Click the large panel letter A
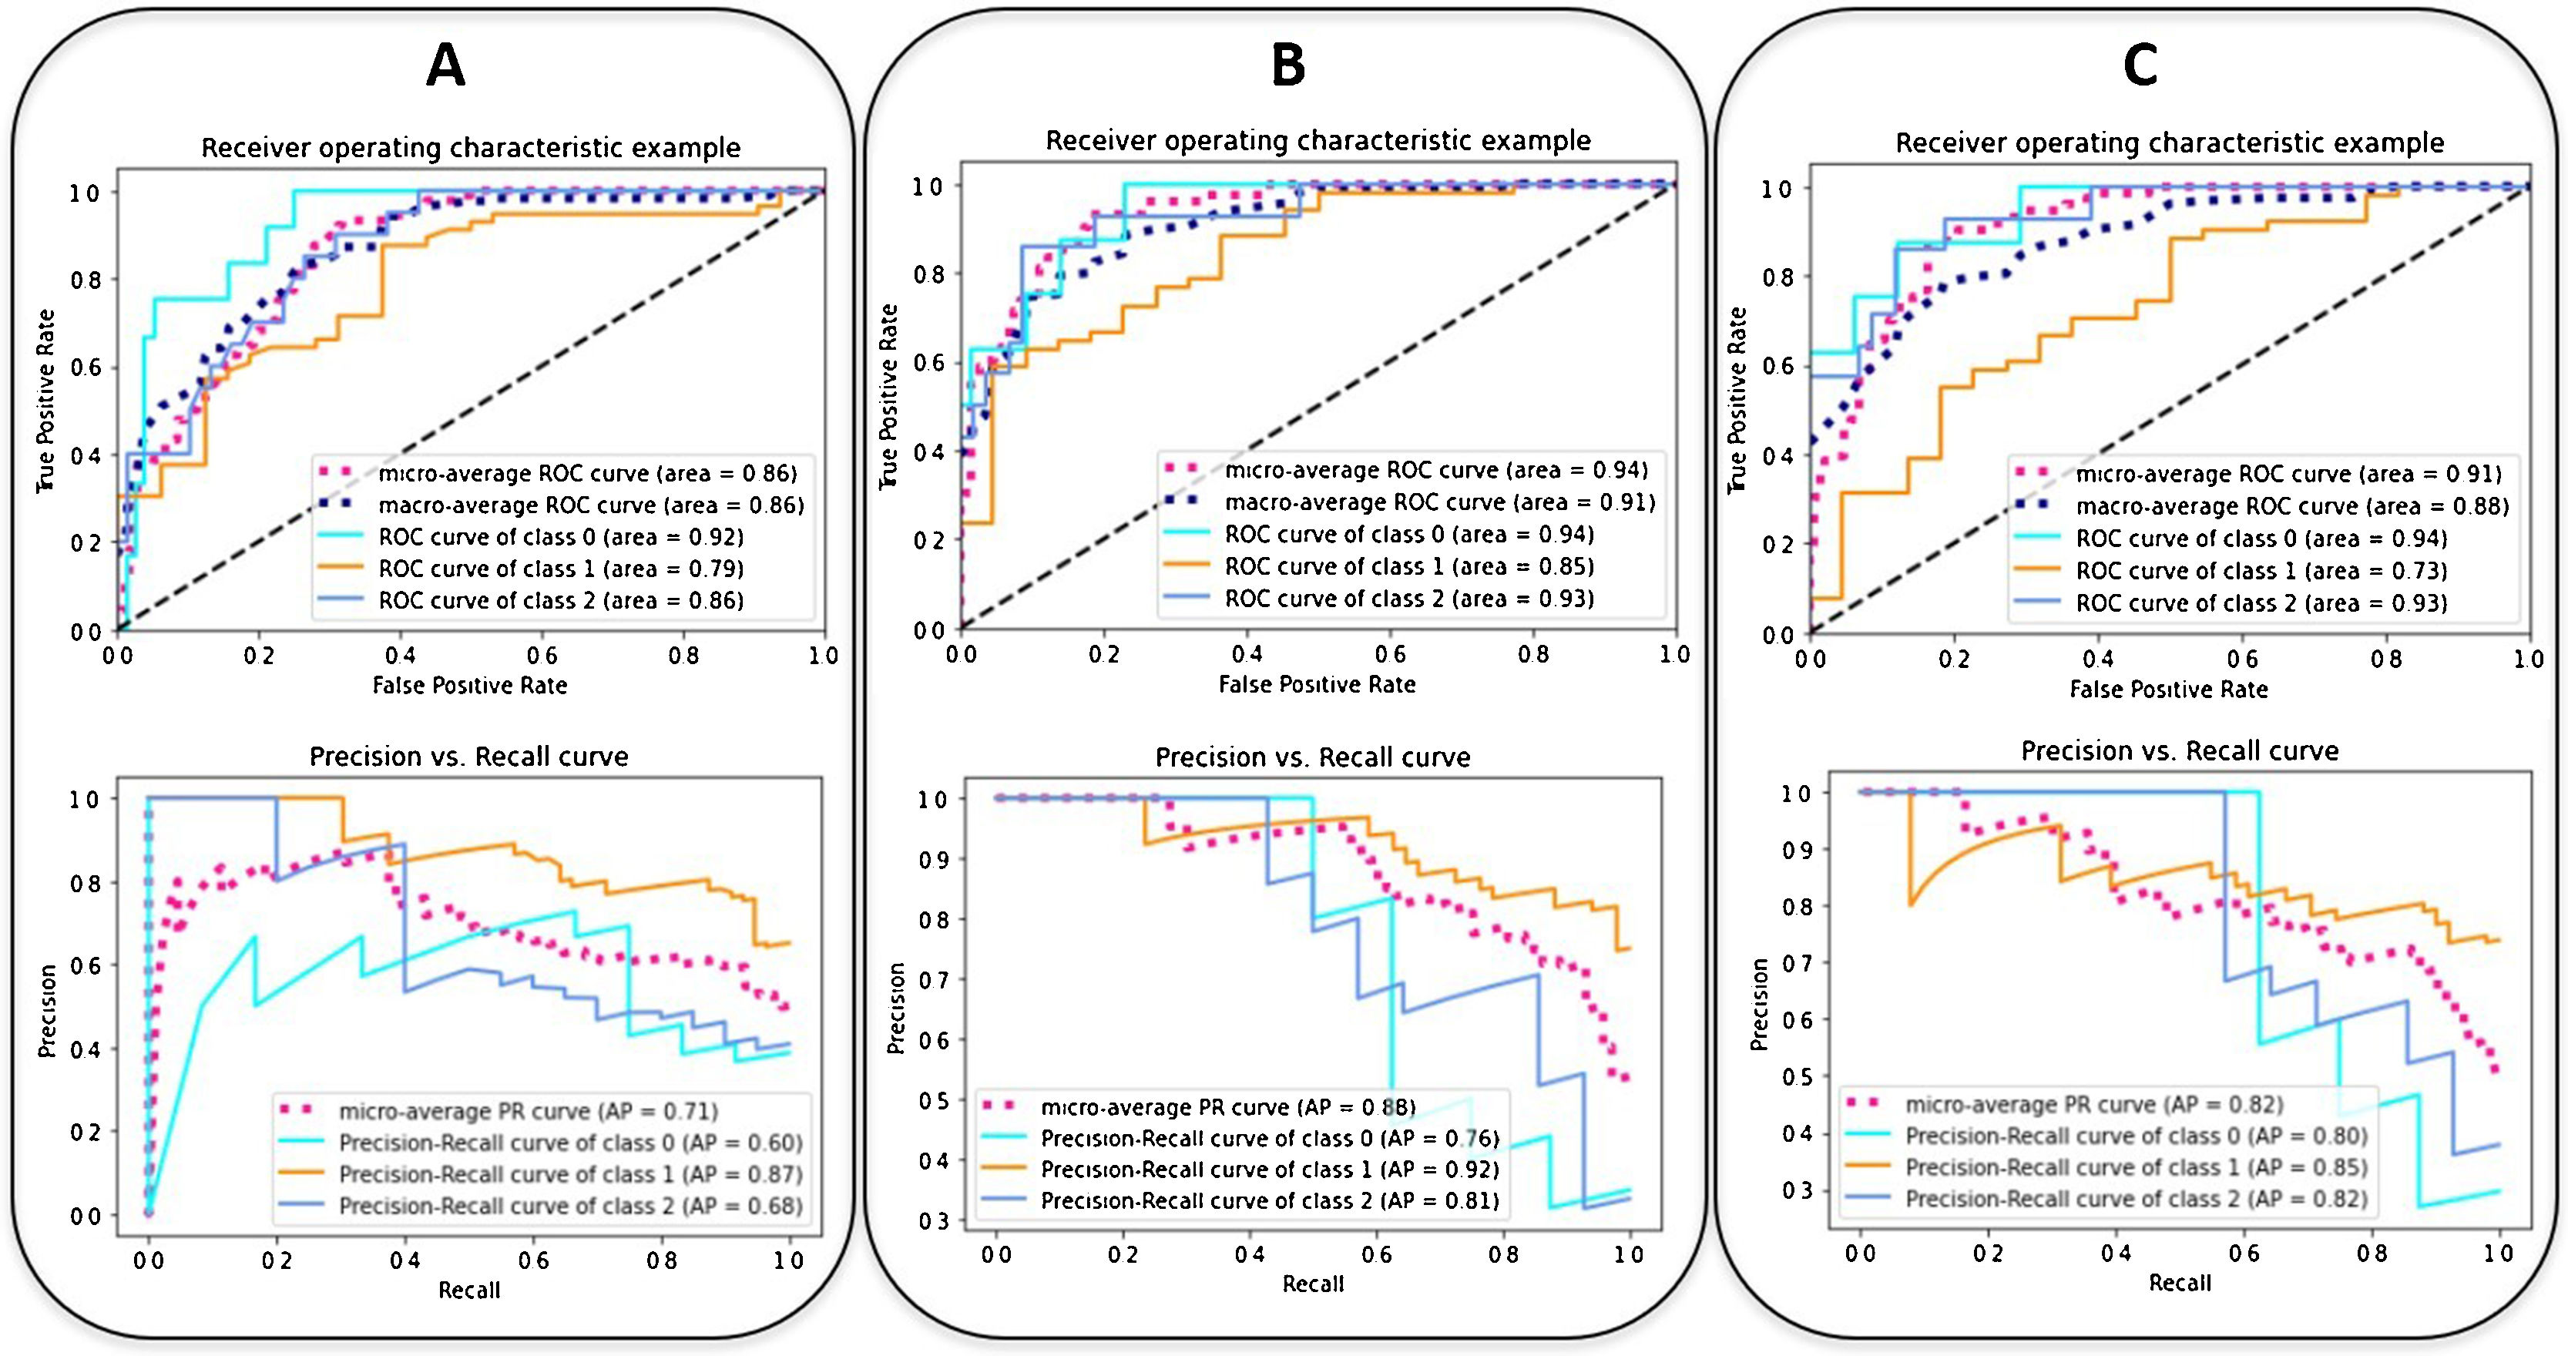click(x=445, y=68)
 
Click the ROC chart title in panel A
click(x=471, y=149)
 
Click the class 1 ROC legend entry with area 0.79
click(x=560, y=569)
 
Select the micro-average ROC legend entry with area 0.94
click(x=1435, y=471)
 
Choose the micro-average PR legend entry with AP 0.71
click(x=529, y=1112)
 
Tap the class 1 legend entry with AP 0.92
click(x=1269, y=1170)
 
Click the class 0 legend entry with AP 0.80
click(x=2135, y=1136)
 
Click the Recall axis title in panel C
click(x=2179, y=1284)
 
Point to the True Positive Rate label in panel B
click(x=888, y=397)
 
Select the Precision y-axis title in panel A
click(x=47, y=1011)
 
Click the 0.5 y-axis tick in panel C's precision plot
click(x=1798, y=1078)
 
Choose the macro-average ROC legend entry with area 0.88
click(x=2291, y=506)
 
